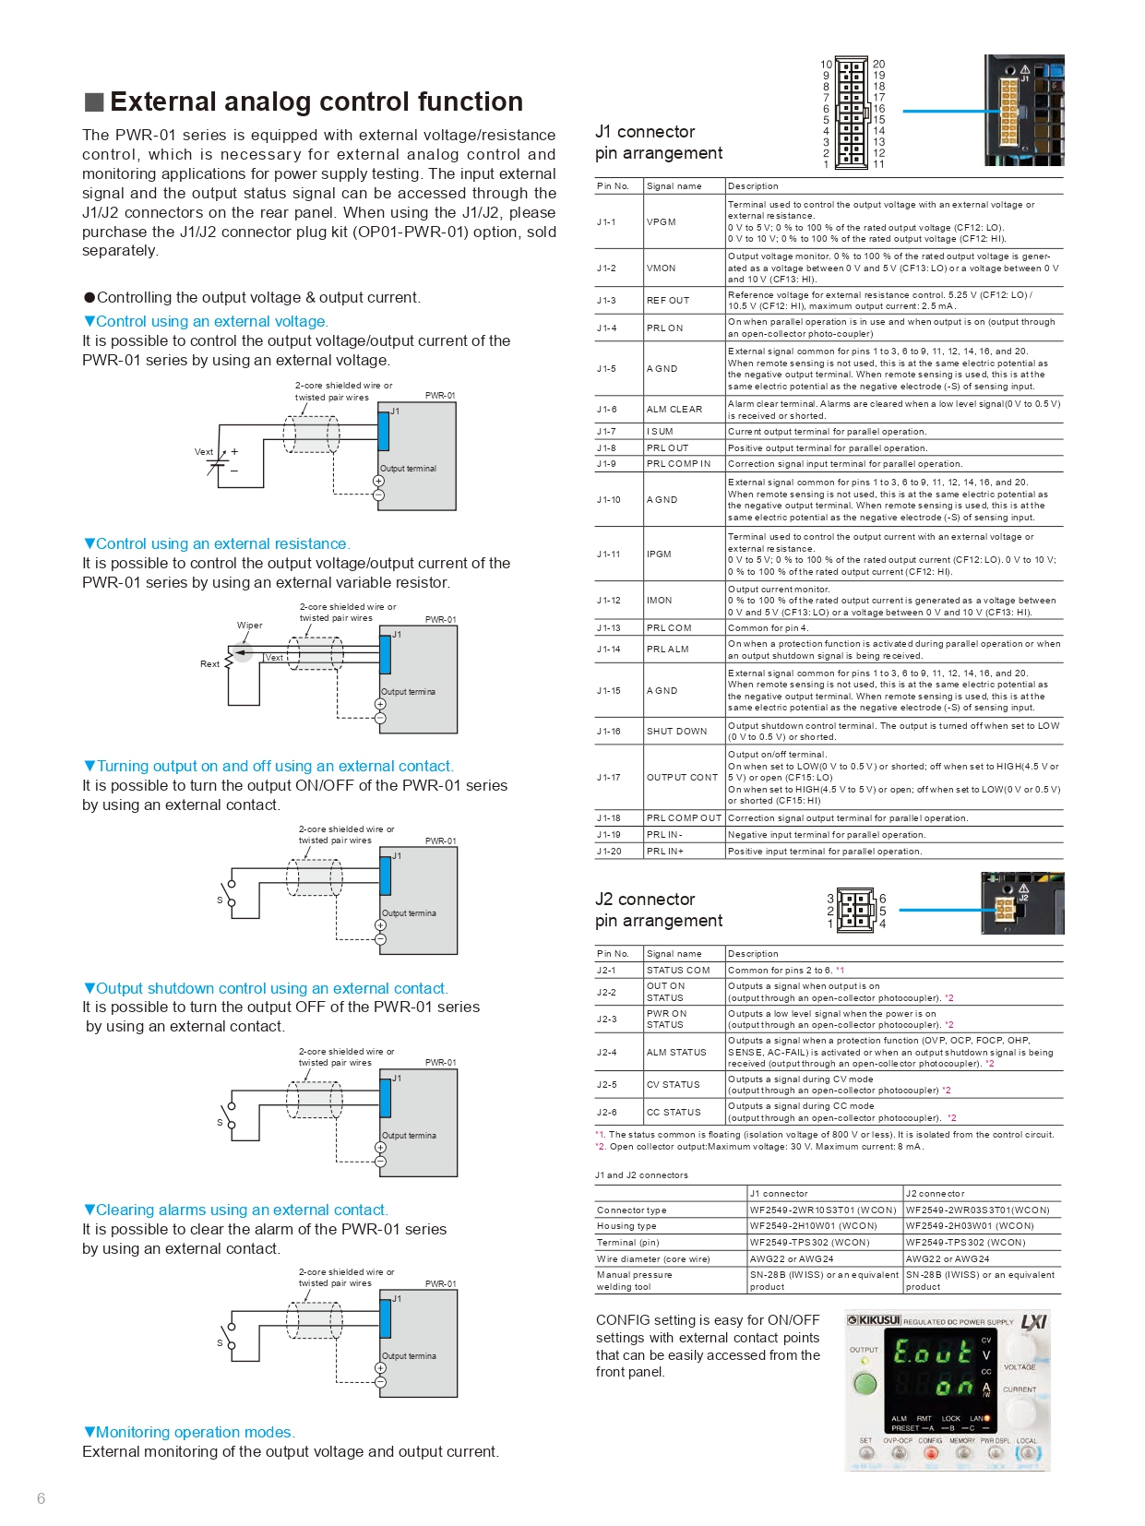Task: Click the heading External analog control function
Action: (316, 101)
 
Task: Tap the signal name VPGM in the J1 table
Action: (661, 222)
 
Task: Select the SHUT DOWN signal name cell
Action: (676, 732)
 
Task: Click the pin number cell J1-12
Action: (608, 601)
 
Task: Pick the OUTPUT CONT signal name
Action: (682, 778)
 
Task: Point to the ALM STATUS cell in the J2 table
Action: (675, 1053)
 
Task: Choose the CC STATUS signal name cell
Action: (673, 1113)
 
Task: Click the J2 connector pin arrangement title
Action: (658, 910)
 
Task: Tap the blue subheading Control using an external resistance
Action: (222, 544)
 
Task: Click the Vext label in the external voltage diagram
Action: (204, 452)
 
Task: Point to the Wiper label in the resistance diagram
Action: (250, 626)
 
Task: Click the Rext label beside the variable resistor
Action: (210, 664)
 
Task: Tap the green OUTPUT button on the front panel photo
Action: (865, 1384)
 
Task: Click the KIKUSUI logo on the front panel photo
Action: (875, 1320)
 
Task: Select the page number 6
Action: (41, 1498)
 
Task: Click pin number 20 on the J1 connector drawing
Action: (878, 65)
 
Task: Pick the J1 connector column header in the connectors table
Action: (779, 1194)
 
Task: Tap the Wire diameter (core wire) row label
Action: (653, 1258)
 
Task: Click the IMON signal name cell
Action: (659, 601)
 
